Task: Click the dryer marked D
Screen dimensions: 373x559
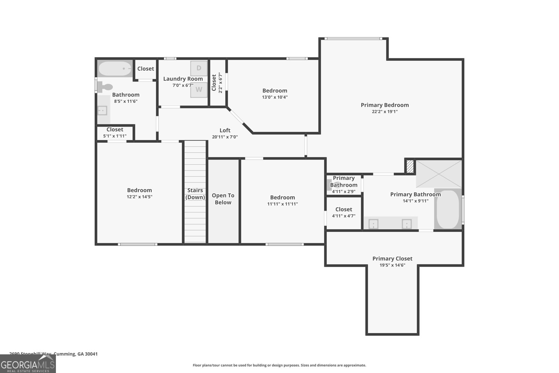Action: [198, 68]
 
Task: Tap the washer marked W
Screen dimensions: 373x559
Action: [198, 89]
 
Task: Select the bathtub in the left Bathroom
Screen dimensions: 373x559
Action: [115, 69]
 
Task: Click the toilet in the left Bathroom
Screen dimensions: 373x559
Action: [105, 86]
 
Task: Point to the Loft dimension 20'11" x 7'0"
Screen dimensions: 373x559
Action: [225, 137]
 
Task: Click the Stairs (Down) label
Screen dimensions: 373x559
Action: [195, 194]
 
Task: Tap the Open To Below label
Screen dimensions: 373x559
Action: [223, 199]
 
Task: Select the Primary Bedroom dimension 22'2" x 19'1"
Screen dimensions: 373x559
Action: [384, 112]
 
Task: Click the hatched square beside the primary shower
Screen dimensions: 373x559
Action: [410, 166]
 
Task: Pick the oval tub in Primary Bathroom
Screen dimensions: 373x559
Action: [448, 209]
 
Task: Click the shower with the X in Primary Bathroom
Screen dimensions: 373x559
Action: [439, 174]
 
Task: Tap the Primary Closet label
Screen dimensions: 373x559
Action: [392, 259]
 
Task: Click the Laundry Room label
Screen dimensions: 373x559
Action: [183, 79]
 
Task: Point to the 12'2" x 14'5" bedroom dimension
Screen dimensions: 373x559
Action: [139, 197]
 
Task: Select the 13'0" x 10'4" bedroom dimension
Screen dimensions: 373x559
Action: [275, 97]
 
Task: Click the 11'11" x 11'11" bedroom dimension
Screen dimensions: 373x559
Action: [282, 204]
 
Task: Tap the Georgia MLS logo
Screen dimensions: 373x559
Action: [28, 364]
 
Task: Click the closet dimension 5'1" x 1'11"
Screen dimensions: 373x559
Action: [115, 136]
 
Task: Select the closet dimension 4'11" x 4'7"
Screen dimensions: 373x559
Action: [343, 216]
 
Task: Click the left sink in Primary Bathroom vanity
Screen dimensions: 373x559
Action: [373, 224]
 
